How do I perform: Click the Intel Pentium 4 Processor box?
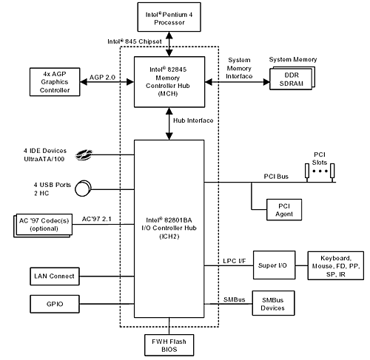coord(169,17)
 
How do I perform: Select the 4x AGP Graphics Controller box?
coord(55,82)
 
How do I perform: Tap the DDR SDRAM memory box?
coord(292,78)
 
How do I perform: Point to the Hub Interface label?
coord(193,120)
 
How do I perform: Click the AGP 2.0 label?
coord(102,78)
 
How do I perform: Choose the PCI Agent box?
coord(284,210)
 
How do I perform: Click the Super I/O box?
coord(274,265)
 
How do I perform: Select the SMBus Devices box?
coord(273,303)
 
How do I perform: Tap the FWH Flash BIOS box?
coord(169,345)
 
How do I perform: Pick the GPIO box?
coord(55,304)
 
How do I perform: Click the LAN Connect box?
coord(55,276)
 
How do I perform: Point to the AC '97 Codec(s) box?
coord(43,225)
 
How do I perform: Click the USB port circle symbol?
coord(83,189)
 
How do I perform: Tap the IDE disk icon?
coord(84,154)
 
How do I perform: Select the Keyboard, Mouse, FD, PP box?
coord(336,265)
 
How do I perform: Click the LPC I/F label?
coord(235,261)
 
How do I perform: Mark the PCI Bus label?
coord(276,177)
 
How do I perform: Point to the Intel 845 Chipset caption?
coord(135,41)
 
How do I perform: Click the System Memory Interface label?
coord(239,68)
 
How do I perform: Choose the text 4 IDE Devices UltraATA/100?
coord(45,154)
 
